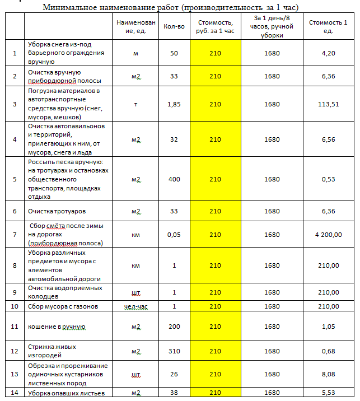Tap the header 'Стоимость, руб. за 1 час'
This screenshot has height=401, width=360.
pos(216,26)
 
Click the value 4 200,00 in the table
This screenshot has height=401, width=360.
pos(328,234)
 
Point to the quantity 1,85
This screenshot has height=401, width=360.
pos(174,104)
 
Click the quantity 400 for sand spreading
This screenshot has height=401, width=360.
pos(174,179)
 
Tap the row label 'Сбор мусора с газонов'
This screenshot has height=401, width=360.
pos(63,306)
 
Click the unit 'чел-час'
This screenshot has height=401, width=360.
pos(135,306)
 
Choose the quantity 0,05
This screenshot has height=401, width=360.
pos(174,234)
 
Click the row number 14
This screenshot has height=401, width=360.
pos(15,393)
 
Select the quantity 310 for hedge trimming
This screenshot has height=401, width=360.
pos(174,351)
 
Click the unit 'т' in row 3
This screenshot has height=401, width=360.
pos(135,104)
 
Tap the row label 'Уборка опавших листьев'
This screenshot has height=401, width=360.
pos(67,393)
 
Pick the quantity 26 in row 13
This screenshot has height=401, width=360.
pos(174,374)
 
